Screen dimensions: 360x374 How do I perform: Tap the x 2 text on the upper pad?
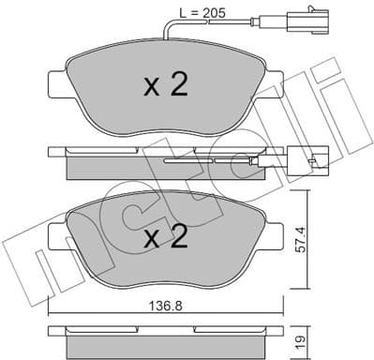point(165,87)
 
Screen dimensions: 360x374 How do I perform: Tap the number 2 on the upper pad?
point(178,86)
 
